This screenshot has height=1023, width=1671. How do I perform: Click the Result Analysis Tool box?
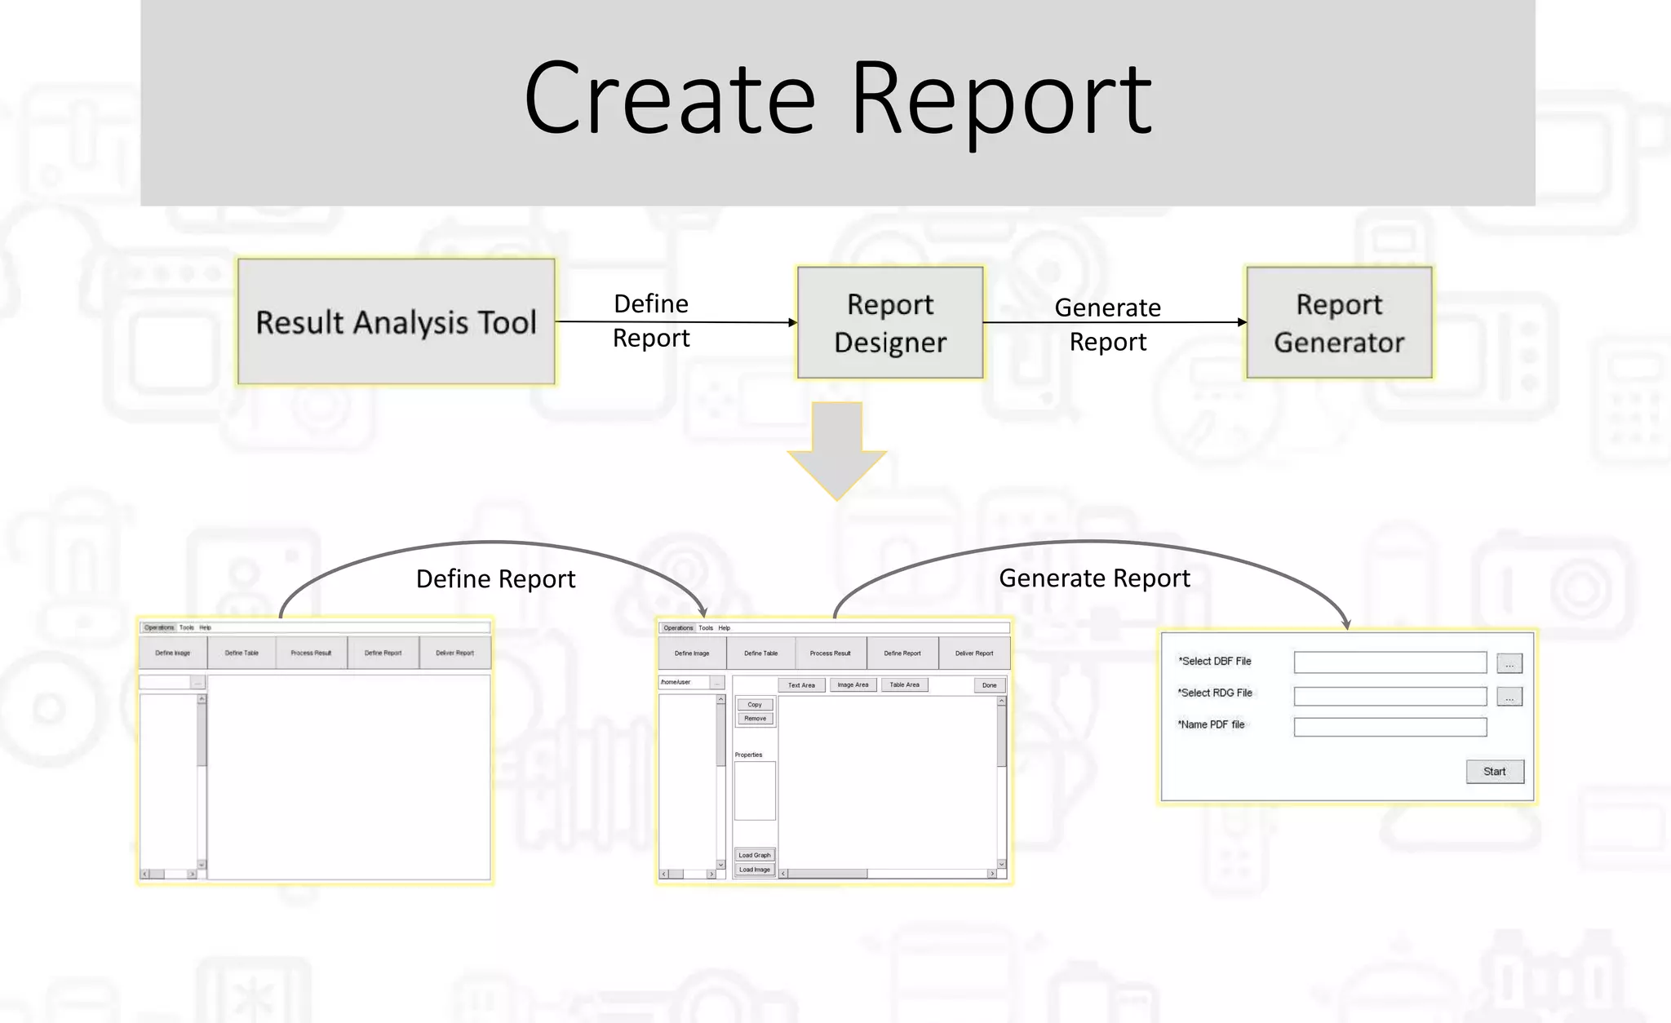coord(396,321)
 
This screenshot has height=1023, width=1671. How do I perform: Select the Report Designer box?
coord(890,322)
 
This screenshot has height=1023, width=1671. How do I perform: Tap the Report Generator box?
coord(1339,322)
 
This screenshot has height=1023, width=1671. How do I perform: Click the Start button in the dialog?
coord(1494,771)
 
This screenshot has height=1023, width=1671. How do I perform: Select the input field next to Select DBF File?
coord(1390,662)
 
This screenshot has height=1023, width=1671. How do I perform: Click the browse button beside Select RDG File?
coord(1509,697)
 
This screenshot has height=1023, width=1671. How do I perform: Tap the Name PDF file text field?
coord(1390,726)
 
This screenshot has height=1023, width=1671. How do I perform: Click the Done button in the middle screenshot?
coord(989,685)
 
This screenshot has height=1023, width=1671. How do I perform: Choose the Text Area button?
coord(801,685)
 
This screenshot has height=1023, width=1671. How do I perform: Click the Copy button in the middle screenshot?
coord(755,704)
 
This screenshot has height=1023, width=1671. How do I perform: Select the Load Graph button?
coord(755,855)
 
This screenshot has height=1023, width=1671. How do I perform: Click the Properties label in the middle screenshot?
coord(748,755)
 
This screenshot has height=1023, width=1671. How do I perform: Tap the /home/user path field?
coord(683,682)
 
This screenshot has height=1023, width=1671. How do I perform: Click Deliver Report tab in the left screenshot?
coord(454,653)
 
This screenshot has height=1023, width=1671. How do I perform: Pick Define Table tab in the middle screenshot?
coord(760,653)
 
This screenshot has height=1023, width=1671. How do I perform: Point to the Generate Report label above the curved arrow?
coord(1094,578)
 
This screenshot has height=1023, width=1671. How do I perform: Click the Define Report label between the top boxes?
coord(651,321)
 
